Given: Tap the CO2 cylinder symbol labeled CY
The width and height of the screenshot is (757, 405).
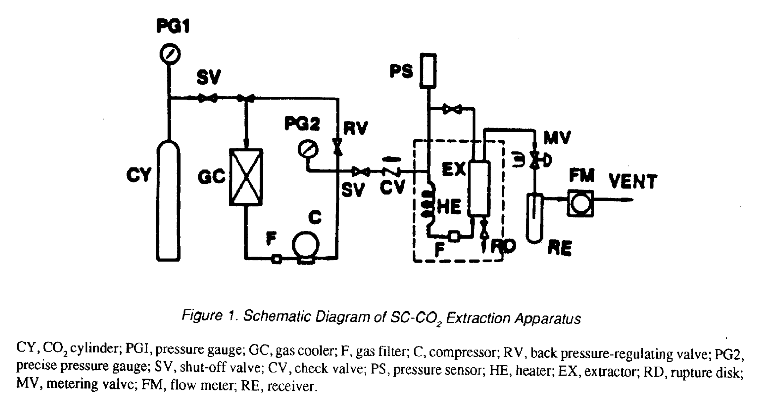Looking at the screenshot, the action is click(x=168, y=201).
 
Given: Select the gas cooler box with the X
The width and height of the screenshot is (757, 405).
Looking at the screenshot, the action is click(x=246, y=177).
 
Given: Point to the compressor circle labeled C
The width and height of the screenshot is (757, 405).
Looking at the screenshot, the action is click(x=306, y=246).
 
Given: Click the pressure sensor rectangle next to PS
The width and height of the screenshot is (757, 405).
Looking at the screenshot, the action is click(x=428, y=71).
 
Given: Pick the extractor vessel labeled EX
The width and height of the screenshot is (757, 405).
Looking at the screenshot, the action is click(x=479, y=188).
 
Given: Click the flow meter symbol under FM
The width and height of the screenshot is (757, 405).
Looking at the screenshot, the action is click(x=580, y=203).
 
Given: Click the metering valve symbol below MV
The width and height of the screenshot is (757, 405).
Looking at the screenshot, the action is click(x=534, y=160).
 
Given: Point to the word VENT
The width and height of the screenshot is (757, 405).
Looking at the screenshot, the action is click(x=633, y=181).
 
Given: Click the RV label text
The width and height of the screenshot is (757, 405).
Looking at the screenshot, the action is click(x=355, y=128).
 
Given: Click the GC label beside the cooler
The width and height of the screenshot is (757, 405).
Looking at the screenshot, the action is click(x=211, y=177).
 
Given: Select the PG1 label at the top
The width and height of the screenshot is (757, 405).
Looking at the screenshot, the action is click(x=173, y=26).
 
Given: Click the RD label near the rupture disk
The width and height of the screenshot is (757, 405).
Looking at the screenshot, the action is click(x=503, y=247).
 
